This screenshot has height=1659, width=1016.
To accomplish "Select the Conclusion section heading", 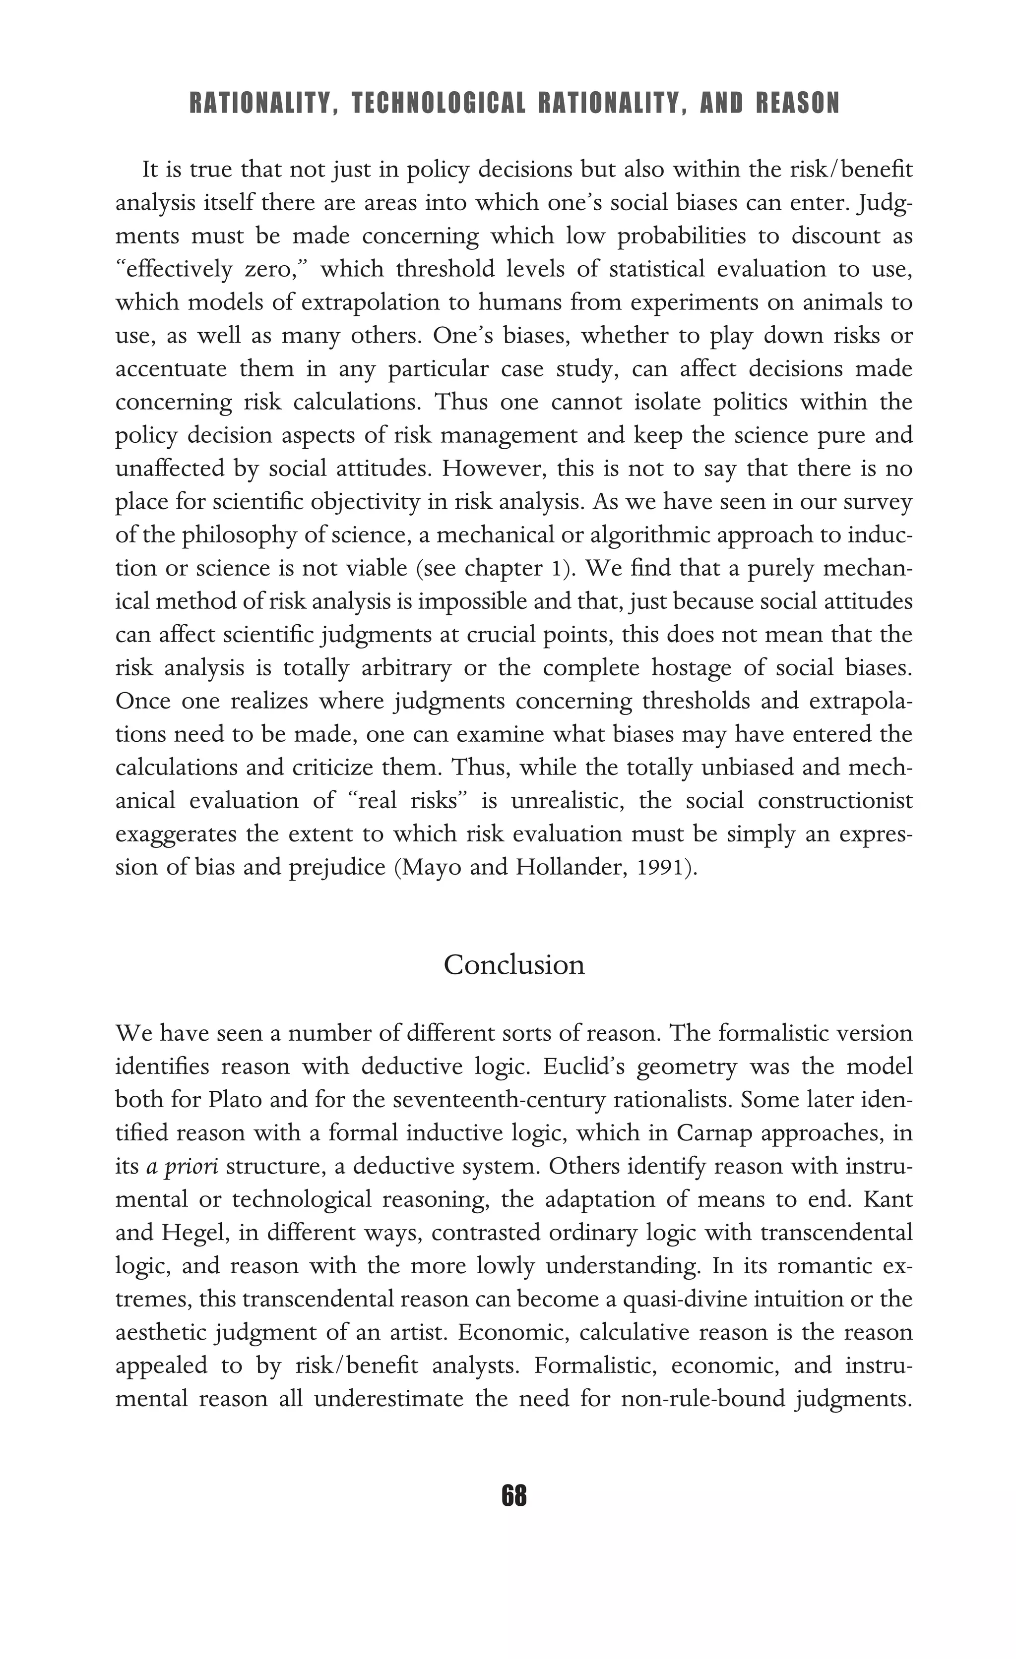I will [514, 965].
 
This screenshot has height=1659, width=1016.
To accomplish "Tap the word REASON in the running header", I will [798, 104].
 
